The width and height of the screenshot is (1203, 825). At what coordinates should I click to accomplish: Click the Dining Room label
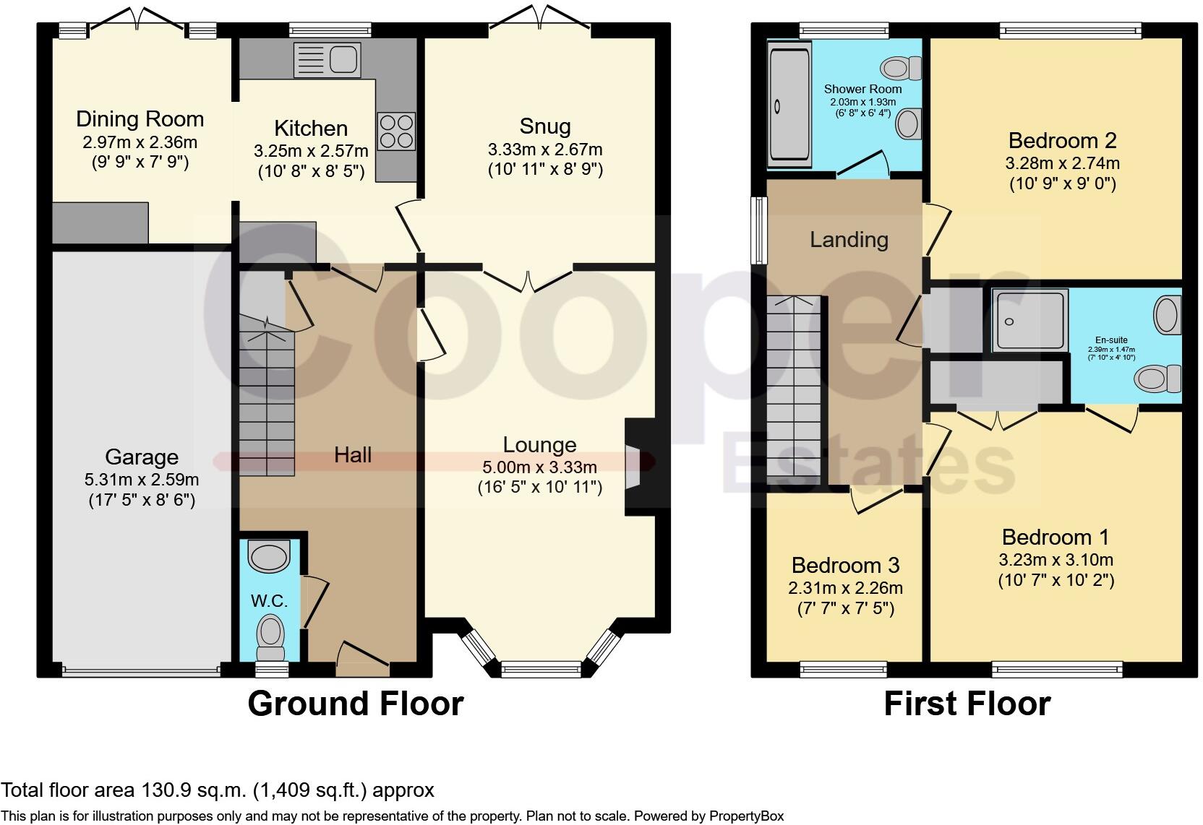click(x=140, y=119)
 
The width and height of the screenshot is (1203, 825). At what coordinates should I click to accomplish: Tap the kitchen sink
click(x=327, y=60)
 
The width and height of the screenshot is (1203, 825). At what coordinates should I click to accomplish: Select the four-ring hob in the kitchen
click(x=396, y=131)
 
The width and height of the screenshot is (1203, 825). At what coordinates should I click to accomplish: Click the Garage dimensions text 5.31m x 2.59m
click(x=142, y=479)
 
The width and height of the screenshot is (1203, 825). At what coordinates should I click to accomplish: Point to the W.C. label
click(x=269, y=600)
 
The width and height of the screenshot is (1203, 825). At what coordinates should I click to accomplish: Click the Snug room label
click(x=544, y=126)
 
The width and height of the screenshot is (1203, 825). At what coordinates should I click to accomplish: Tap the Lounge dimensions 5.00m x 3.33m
click(x=539, y=467)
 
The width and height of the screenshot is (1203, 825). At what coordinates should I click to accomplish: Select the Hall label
click(x=353, y=454)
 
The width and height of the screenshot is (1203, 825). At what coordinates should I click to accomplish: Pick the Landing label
click(x=849, y=239)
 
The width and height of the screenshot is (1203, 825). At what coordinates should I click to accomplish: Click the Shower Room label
click(x=862, y=89)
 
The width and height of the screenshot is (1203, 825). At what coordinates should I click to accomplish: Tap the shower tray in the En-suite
click(x=1029, y=321)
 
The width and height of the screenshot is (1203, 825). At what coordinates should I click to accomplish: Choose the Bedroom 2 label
click(x=1062, y=140)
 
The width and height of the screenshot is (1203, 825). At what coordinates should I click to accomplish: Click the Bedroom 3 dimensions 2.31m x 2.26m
click(x=845, y=588)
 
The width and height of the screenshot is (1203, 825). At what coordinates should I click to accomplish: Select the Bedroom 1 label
click(x=1055, y=537)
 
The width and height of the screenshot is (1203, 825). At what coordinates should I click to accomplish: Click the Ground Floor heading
click(x=355, y=704)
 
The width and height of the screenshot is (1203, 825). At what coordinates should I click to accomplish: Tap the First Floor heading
click(x=967, y=704)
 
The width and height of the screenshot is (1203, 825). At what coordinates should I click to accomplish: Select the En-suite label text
click(x=1111, y=340)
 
